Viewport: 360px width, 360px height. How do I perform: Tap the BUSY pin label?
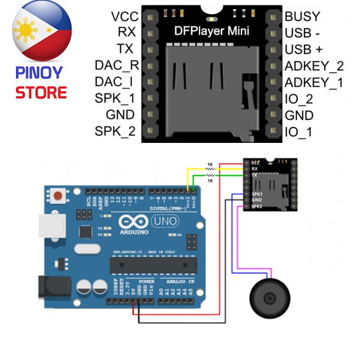pyautogui.click(x=302, y=16)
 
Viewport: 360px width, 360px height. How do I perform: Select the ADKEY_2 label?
pyautogui.click(x=314, y=66)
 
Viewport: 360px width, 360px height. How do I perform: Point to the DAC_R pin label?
pyautogui.click(x=117, y=66)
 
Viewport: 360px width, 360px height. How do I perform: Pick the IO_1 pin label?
pyautogui.click(x=299, y=132)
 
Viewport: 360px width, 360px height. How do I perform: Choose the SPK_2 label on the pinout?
pyautogui.click(x=115, y=131)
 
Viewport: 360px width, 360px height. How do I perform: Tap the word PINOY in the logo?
pyautogui.click(x=39, y=72)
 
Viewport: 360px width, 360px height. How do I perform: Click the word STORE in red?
pyautogui.click(x=41, y=92)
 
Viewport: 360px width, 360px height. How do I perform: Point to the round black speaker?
pyautogui.click(x=269, y=298)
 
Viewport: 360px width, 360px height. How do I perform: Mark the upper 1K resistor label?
pyautogui.click(x=210, y=164)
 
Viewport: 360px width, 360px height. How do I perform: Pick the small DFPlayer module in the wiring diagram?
pyautogui.click(x=271, y=184)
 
